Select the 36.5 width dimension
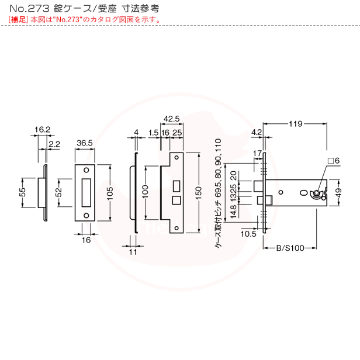pyautogui.click(x=85, y=143)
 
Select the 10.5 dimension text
pyautogui.click(x=248, y=234)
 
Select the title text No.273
pyautogui.click(x=26, y=9)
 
